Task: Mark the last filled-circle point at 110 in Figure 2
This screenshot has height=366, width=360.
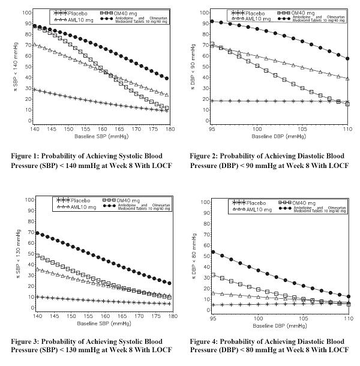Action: pos(348,58)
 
